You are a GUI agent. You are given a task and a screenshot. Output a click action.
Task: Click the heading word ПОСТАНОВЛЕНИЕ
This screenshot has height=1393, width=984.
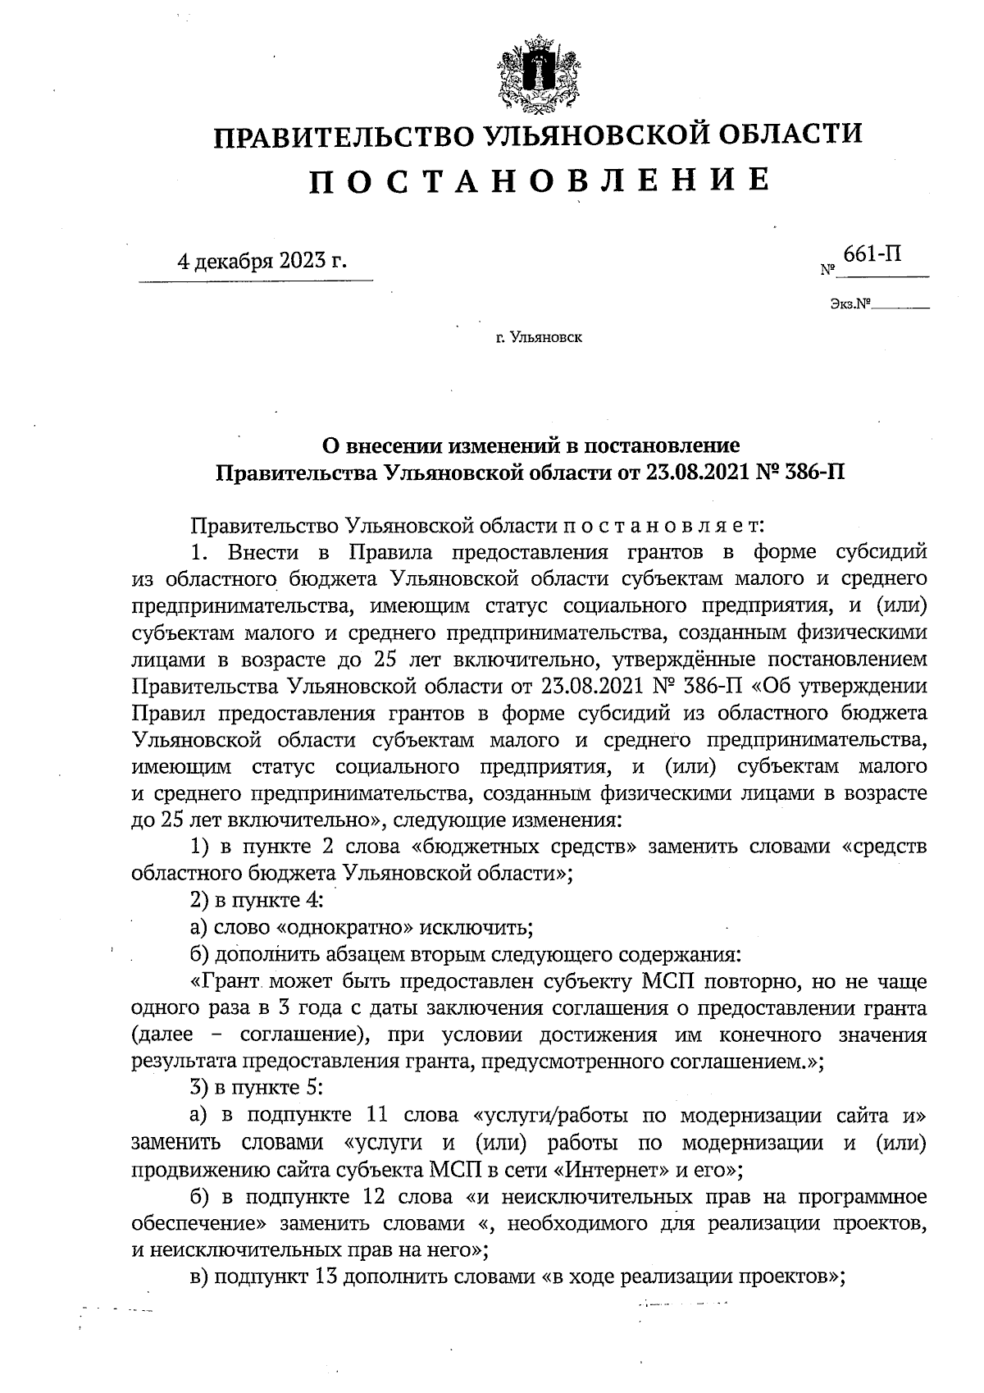[539, 180]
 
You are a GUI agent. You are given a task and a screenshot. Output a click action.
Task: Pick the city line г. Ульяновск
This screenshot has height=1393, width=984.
[538, 336]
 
